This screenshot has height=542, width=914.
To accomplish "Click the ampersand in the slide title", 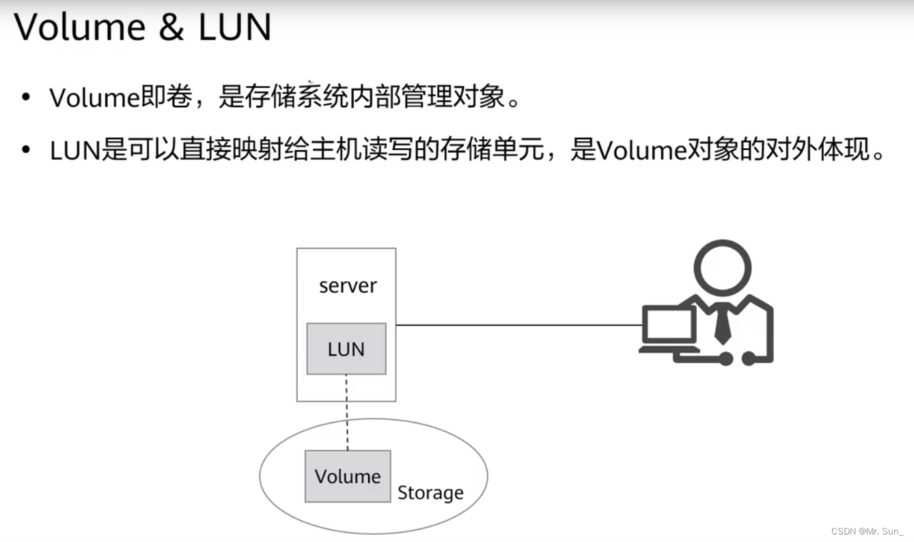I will [x=171, y=27].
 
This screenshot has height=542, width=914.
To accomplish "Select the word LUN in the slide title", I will [x=234, y=27].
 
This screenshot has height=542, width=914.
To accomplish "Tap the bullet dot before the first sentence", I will [x=26, y=98].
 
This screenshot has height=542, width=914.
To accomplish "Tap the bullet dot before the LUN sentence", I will [x=26, y=149].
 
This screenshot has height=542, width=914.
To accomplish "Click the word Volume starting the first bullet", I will [x=94, y=98].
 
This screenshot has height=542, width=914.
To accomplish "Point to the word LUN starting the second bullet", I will [x=75, y=149].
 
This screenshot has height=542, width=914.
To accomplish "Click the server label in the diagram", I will [x=348, y=285].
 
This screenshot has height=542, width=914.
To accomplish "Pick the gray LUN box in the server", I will [x=346, y=349].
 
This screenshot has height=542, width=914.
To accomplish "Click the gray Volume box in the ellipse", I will [x=348, y=476].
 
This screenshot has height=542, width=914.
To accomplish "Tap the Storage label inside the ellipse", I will [x=430, y=493].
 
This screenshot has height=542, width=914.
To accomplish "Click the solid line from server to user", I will [x=519, y=325].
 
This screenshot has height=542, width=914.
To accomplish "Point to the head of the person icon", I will [x=722, y=268].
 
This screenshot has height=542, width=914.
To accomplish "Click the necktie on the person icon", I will [x=722, y=326].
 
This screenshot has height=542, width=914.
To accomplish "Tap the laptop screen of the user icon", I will [x=669, y=327].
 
